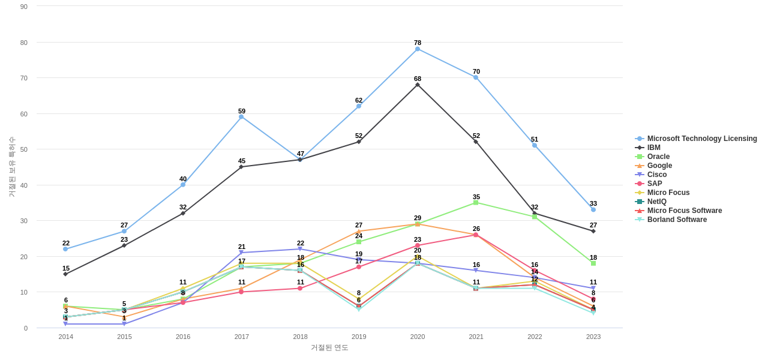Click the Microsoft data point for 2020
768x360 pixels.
point(418,49)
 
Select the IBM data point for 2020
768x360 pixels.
point(418,85)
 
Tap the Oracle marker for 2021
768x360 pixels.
point(476,203)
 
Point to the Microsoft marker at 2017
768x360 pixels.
point(241,117)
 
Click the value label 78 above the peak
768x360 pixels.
point(418,43)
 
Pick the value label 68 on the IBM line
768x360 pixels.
point(418,79)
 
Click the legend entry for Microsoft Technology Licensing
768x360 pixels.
point(701,139)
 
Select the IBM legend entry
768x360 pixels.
point(653,148)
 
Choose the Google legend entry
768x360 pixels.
point(659,166)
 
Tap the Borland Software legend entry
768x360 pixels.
point(677,220)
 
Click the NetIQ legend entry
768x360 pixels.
point(656,202)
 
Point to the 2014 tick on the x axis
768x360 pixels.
point(66,337)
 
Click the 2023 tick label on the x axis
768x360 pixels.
point(593,337)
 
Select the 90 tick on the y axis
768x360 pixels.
point(24,7)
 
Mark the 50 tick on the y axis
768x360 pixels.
point(24,149)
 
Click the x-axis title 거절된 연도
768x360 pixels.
point(329,347)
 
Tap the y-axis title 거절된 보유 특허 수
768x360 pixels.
point(11,167)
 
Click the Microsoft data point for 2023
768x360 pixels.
point(593,209)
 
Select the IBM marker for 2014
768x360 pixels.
point(66,274)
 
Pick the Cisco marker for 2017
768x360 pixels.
point(241,253)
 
